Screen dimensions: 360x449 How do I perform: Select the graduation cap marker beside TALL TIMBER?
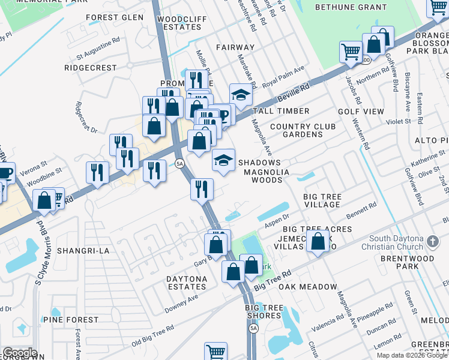[x=241, y=96]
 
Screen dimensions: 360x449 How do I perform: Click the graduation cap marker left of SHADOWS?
[x=223, y=161]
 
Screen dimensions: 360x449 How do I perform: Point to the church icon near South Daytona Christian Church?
[x=432, y=241]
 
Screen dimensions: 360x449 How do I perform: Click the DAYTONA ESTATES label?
[x=187, y=283]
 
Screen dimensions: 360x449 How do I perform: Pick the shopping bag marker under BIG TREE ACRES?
[x=318, y=242]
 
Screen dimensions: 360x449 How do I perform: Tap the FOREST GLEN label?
[x=115, y=17]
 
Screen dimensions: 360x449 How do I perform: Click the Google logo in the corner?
[x=20, y=353]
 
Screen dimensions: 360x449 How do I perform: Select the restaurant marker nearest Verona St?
[x=97, y=173]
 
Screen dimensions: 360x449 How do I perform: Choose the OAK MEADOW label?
[x=308, y=287]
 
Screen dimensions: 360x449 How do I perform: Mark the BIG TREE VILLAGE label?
[x=322, y=200]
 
